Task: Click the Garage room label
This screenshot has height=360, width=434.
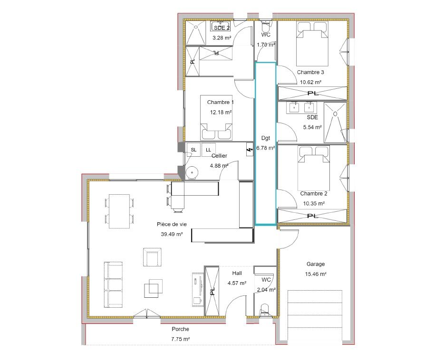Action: pos(316,264)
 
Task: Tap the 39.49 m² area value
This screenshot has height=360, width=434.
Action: pos(172,234)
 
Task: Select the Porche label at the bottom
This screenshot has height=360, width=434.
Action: pos(181,329)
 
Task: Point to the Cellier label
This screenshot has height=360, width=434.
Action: pos(219,156)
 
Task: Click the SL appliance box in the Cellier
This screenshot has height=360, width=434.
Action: pos(193,150)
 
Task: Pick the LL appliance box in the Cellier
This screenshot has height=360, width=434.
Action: pos(208,150)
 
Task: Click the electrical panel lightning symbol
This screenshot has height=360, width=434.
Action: pos(250,150)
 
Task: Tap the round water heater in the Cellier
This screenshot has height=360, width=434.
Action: pos(192,173)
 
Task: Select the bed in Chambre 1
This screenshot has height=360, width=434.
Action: pos(216,118)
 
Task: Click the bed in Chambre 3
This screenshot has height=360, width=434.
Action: pos(312,44)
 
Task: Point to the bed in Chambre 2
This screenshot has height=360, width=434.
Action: pos(314,168)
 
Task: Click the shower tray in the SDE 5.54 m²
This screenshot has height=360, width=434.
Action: pos(335,123)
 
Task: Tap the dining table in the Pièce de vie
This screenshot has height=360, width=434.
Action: pos(119,211)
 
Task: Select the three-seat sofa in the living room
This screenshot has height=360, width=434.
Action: pos(113,284)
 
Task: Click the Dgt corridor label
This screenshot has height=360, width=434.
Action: pos(265,138)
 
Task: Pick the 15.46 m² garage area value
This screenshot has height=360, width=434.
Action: pos(316,274)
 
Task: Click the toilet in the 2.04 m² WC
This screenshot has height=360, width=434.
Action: pos(265,310)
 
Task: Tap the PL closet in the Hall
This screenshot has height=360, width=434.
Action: pos(212,291)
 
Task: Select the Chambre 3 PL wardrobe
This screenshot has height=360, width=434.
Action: pos(312,93)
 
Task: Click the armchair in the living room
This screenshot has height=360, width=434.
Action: pos(152,257)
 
